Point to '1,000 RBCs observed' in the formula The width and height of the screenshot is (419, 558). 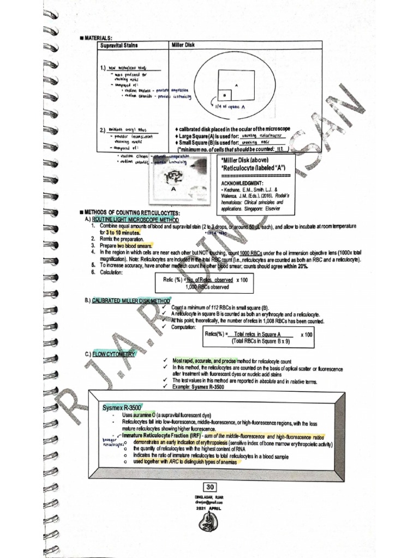[207, 287]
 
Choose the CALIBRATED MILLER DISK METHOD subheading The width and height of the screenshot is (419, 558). [130, 300]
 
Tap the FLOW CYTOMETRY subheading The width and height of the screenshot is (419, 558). [114, 354]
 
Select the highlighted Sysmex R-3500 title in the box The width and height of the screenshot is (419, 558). [122, 407]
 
